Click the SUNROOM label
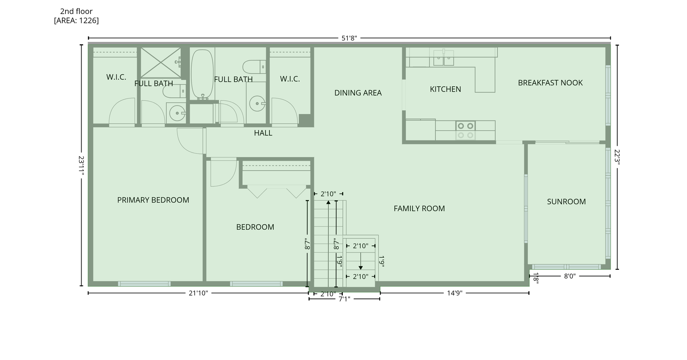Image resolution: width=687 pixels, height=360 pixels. [x=566, y=201]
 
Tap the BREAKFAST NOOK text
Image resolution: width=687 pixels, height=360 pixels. [x=550, y=83]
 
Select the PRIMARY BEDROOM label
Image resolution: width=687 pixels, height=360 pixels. [x=153, y=200]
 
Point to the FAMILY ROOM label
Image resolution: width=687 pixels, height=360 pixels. [x=419, y=208]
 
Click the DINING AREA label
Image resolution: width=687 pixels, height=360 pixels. [x=358, y=93]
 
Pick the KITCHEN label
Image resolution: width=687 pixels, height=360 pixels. [x=445, y=89]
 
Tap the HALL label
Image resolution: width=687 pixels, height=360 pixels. [x=263, y=133]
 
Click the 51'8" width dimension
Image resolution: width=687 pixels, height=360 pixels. [x=349, y=38]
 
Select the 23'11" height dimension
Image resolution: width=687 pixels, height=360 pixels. [x=82, y=166]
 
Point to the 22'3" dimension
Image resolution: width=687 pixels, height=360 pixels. [x=617, y=156]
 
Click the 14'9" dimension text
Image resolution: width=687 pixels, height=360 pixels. [x=455, y=293]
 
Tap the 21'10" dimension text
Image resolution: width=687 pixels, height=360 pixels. [x=198, y=293]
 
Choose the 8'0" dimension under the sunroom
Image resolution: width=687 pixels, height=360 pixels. [x=570, y=276]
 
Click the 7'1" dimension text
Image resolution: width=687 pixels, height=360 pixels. [x=344, y=299]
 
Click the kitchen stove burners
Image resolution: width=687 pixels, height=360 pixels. [x=466, y=131]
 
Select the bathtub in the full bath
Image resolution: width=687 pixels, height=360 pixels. [x=202, y=74]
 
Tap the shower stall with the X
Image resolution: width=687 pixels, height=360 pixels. [x=161, y=63]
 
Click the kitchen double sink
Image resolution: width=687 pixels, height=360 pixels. [x=444, y=58]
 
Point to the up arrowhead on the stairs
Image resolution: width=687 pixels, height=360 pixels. [x=328, y=203]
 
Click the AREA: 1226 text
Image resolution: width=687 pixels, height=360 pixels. [x=76, y=20]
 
